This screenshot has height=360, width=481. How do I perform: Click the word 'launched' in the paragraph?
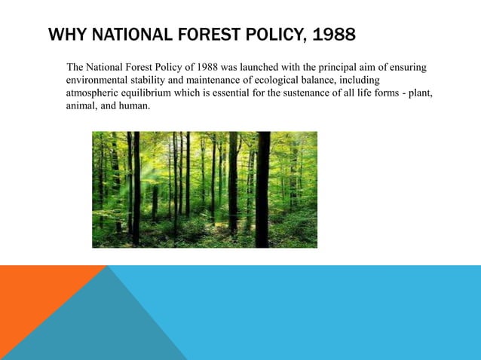click(x=263, y=68)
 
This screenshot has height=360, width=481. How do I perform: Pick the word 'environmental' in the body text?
click(x=97, y=81)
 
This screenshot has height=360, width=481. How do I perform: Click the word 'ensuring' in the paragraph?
click(x=409, y=68)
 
